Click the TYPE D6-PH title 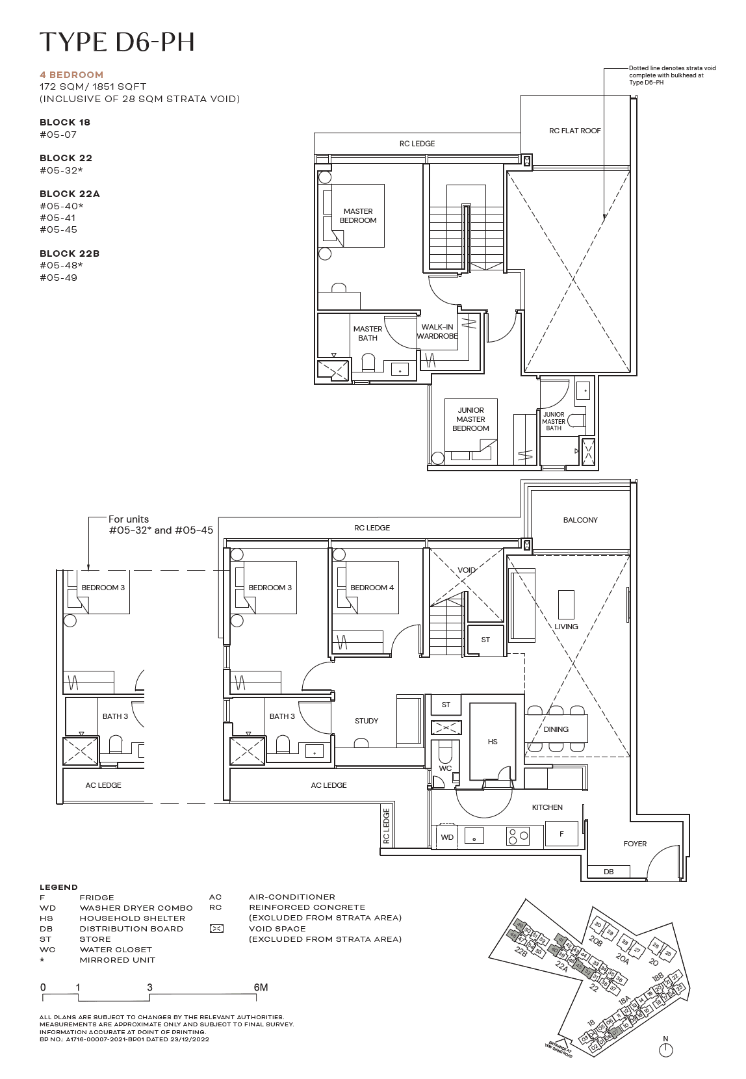117,42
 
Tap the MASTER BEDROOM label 357,216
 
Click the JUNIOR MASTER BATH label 554,421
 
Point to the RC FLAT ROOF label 574,131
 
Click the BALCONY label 580,520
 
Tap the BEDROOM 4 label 372,588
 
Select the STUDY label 367,721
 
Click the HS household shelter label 493,742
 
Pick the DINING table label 556,729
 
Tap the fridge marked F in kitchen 561,834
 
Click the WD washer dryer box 447,837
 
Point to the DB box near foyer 608,872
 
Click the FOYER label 634,844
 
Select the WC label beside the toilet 444,768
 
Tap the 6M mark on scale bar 261,987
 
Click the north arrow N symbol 665,1049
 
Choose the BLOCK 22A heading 70,194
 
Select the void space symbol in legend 216,929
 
